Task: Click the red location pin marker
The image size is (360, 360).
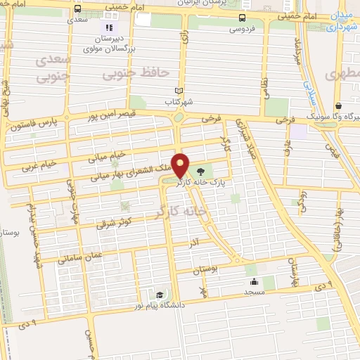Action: pyautogui.click(x=181, y=165)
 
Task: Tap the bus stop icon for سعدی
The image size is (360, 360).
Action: pyautogui.click(x=77, y=9)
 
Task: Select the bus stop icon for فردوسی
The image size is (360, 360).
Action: pyautogui.click(x=242, y=17)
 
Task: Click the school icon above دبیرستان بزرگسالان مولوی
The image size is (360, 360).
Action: pyautogui.click(x=108, y=27)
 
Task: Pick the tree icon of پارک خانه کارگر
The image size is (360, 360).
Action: pyautogui.click(x=202, y=172)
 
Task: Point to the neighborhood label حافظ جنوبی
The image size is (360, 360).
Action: pyautogui.click(x=144, y=70)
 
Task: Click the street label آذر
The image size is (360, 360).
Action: pyautogui.click(x=194, y=241)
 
